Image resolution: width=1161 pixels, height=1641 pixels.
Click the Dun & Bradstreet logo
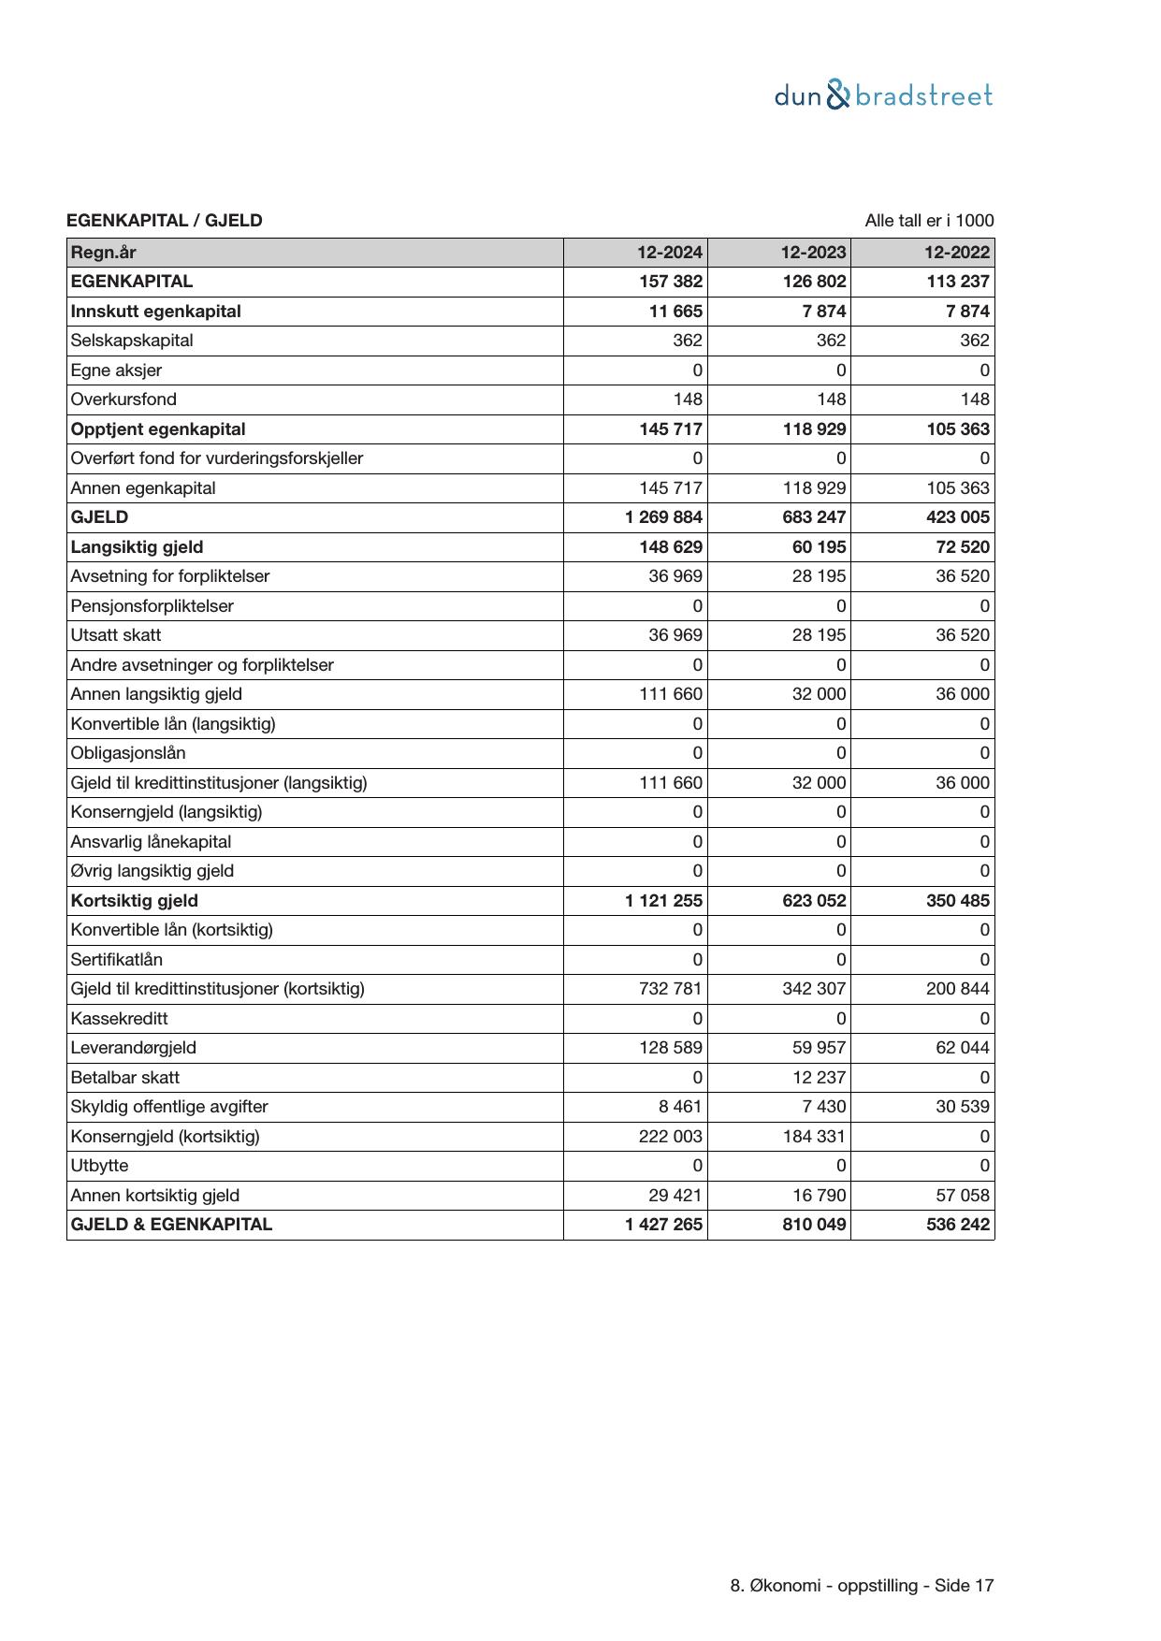click(883, 95)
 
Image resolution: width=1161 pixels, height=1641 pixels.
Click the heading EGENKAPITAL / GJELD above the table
click(165, 221)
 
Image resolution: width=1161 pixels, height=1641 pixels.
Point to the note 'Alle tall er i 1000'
click(929, 221)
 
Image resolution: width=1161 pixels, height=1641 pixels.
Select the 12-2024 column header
click(670, 253)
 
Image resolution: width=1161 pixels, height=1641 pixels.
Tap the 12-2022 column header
click(957, 253)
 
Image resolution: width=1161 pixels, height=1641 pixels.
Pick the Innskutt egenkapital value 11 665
click(675, 312)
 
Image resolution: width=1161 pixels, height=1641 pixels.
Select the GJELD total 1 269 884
click(664, 517)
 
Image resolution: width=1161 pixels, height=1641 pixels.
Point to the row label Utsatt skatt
click(116, 635)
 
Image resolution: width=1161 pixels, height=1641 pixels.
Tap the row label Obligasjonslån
click(128, 753)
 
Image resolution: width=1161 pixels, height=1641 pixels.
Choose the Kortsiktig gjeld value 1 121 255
click(664, 901)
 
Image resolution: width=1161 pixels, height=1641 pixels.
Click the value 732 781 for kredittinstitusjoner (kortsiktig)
click(671, 989)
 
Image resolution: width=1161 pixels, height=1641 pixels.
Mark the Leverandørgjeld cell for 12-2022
click(963, 1048)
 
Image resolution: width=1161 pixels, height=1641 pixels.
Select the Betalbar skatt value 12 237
click(819, 1078)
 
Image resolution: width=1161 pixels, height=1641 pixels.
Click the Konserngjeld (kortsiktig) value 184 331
click(814, 1137)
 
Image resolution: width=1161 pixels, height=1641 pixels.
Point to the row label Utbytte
click(100, 1166)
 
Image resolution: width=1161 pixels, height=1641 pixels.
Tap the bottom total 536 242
click(957, 1225)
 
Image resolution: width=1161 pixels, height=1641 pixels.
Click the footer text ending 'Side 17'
click(862, 1586)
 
